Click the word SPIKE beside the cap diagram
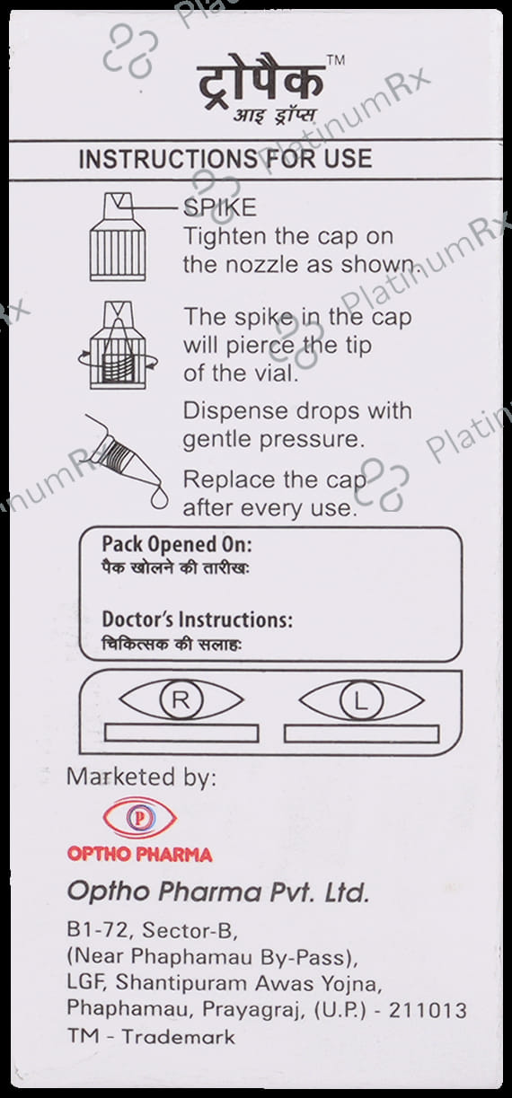tap(220, 207)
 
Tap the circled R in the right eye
tap(181, 700)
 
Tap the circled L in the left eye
tap(361, 700)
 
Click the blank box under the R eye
tap(182, 733)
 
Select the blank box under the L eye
tap(361, 733)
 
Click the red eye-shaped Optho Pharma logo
tap(140, 817)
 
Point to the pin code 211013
tap(428, 1011)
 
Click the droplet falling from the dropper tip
tap(159, 499)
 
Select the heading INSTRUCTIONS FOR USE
tap(225, 159)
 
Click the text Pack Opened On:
tap(177, 545)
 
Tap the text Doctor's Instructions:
tap(197, 620)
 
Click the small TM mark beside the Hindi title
tap(336, 60)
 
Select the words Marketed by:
tap(141, 777)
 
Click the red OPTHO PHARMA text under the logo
tap(140, 855)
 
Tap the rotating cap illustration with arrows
tap(118, 346)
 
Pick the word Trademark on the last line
tap(179, 1037)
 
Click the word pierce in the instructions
tap(260, 346)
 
